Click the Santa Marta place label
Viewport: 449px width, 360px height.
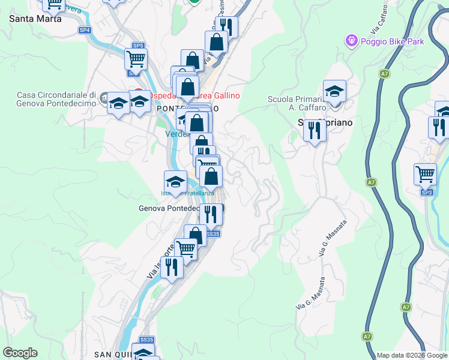click(35, 19)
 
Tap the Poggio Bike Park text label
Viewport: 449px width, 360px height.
click(393, 41)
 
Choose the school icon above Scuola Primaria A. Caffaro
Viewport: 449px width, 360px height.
click(334, 92)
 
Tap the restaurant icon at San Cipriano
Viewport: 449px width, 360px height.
click(315, 130)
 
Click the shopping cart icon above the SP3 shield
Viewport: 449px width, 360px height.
click(425, 175)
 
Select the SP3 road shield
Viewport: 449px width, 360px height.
click(427, 193)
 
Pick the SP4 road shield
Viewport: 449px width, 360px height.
click(85, 30)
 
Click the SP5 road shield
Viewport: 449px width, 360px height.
click(138, 46)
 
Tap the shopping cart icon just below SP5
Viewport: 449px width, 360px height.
click(136, 59)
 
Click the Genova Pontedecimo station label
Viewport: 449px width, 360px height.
click(170, 208)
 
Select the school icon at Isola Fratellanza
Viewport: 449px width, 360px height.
click(175, 182)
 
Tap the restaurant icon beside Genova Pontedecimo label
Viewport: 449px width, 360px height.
click(210, 214)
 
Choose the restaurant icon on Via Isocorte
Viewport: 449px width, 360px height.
click(172, 267)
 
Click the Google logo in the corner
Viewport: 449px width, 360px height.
click(20, 353)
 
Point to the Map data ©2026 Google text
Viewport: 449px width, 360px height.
click(412, 355)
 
